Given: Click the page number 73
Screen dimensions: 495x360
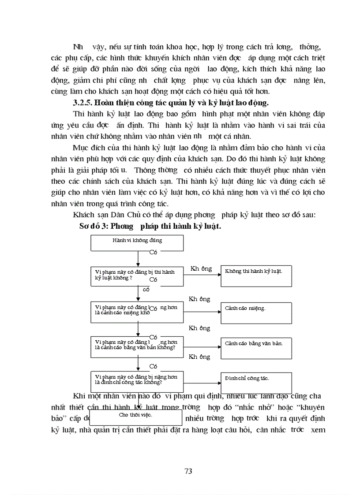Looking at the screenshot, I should [188, 471].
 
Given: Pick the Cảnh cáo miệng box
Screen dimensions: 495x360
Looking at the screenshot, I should [256, 313].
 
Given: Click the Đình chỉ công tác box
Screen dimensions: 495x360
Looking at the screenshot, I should [256, 382].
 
